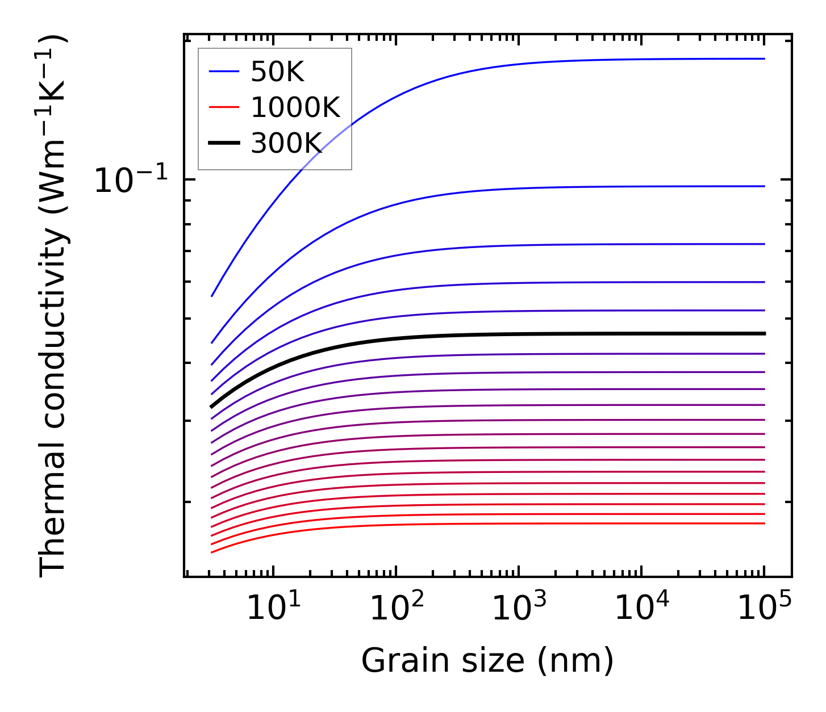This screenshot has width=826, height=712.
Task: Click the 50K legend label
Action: (x=278, y=72)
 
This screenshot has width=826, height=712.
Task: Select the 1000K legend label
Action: (x=295, y=107)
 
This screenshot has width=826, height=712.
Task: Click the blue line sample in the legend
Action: (x=224, y=72)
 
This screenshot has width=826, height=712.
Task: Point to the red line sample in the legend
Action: (x=224, y=107)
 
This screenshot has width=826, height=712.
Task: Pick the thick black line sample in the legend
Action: (x=224, y=143)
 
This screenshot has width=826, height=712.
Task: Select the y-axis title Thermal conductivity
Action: (x=54, y=307)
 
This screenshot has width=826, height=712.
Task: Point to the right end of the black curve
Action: (x=765, y=333)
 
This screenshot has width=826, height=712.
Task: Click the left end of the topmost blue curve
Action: (x=212, y=296)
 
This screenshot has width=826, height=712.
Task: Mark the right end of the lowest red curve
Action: (x=765, y=523)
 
